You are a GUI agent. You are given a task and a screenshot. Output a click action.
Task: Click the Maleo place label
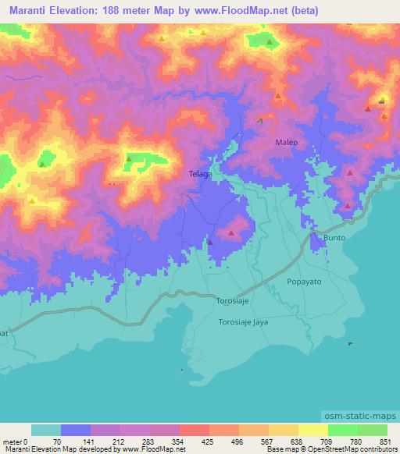click(287, 143)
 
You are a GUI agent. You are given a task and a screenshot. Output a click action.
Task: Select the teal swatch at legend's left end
click(46, 431)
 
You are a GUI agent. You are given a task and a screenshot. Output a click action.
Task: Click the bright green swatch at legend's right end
click(372, 431)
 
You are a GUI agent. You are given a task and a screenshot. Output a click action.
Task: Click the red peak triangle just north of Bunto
click(346, 206)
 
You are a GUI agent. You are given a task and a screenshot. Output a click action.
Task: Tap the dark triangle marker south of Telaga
click(210, 242)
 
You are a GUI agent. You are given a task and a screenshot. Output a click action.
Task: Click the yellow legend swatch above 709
click(312, 431)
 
